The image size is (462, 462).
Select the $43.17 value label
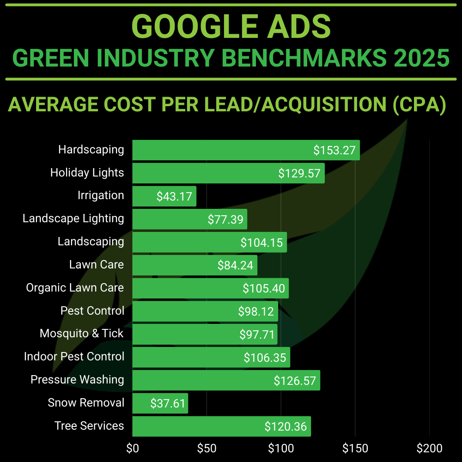pos(174,196)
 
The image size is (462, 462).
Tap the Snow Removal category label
pos(86,402)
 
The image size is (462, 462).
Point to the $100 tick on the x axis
pos(281,448)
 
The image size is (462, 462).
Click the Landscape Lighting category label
pos(73,219)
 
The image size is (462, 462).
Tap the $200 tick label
pos(429,448)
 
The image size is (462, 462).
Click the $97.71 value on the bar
pos(257,334)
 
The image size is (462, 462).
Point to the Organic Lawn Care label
pos(75,288)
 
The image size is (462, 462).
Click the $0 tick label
pos(133,448)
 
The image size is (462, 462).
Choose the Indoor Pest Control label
pos(74,357)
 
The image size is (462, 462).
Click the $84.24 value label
pos(236,265)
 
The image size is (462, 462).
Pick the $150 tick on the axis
pos(355,448)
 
